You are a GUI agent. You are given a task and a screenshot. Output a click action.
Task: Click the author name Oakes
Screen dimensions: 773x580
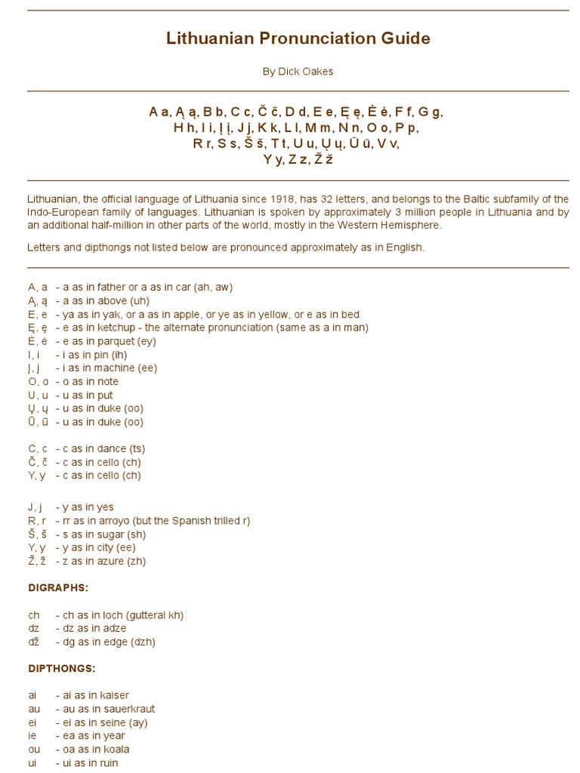pos(317,72)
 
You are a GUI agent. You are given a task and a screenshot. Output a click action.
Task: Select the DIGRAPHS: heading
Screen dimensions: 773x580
pos(58,587)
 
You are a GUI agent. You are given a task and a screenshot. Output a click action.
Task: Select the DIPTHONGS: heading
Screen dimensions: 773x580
pos(62,669)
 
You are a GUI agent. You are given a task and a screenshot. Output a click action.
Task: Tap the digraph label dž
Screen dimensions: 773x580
pos(34,642)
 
